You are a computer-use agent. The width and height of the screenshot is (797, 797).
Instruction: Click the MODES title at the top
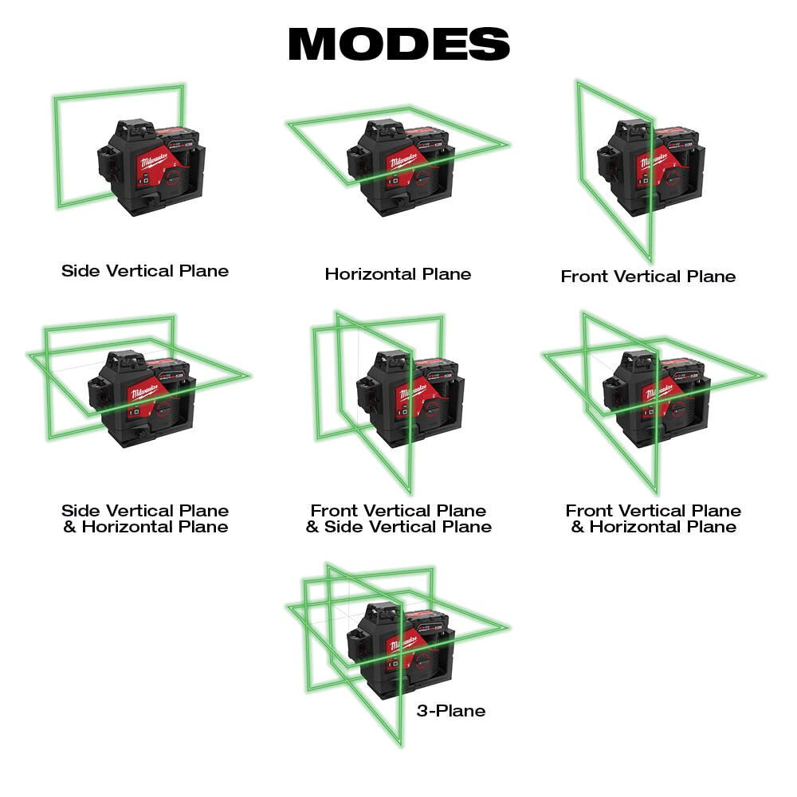(x=398, y=44)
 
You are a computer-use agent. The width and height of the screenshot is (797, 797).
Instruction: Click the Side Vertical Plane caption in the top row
(x=145, y=271)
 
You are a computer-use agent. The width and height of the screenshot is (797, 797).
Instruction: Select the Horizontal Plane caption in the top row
(x=398, y=274)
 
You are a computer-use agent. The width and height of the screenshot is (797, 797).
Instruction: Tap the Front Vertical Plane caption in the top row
(x=648, y=277)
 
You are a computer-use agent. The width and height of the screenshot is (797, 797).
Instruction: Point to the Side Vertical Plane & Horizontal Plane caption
(x=145, y=519)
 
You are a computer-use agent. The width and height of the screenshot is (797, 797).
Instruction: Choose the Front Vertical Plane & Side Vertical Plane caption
(x=398, y=519)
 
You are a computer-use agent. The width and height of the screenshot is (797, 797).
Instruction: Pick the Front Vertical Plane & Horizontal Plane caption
(x=654, y=519)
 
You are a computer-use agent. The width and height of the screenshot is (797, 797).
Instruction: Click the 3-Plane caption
(x=450, y=710)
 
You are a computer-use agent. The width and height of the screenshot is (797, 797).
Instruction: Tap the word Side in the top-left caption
(x=78, y=271)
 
